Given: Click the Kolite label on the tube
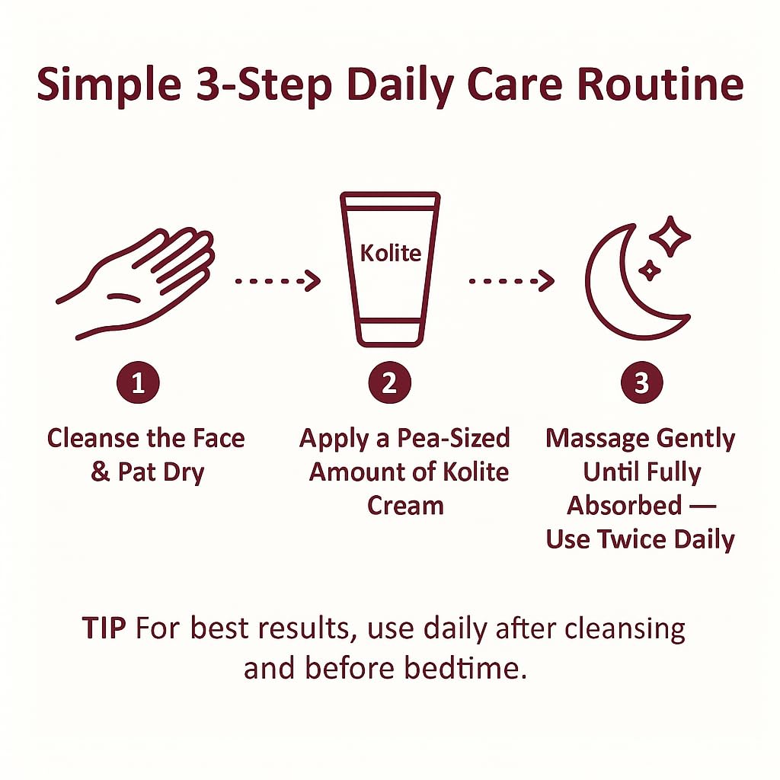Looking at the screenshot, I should [x=390, y=253].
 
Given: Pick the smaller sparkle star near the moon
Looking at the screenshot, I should [x=649, y=270].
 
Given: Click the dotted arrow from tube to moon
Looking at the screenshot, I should [x=511, y=281].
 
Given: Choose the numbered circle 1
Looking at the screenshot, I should [x=137, y=383].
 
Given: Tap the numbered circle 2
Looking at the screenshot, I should [x=389, y=383].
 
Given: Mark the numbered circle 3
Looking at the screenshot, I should [x=641, y=383].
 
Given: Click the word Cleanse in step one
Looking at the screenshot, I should [x=93, y=439].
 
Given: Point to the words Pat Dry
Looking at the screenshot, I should [x=161, y=472].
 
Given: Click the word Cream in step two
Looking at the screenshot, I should [x=404, y=506].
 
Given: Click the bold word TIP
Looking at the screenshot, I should [x=105, y=629].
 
